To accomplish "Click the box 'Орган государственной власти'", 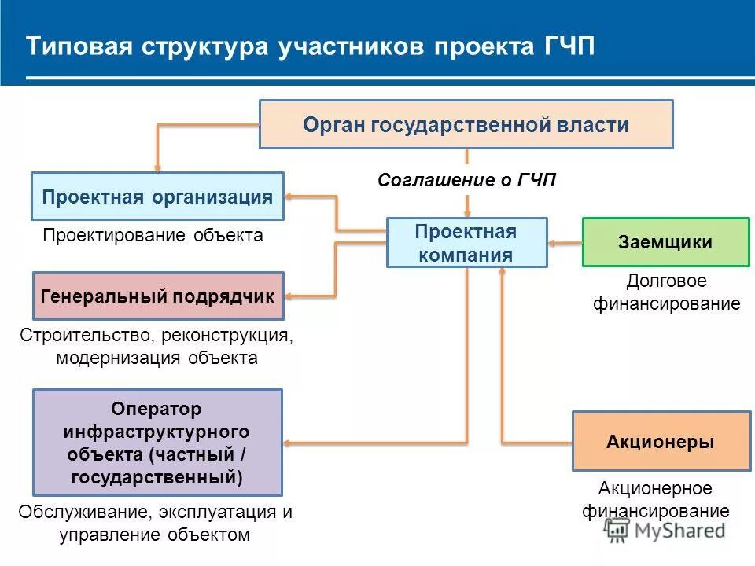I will tap(466, 124).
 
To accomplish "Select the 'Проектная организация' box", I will tap(157, 196).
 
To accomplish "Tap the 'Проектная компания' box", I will tap(466, 243).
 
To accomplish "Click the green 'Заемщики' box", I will tap(665, 242).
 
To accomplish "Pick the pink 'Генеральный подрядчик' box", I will tap(157, 296).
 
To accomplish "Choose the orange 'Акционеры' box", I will tap(661, 441).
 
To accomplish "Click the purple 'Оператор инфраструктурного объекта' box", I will tap(157, 442).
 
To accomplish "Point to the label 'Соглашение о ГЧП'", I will tap(466, 180).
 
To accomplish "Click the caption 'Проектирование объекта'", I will tap(153, 235).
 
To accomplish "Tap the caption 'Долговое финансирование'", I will tap(666, 292).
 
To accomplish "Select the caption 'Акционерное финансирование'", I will tap(656, 500).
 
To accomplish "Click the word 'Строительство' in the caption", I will tap(87, 336).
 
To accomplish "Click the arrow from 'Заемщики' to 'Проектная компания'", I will tap(564, 243).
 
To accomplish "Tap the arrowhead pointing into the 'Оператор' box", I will tap(289, 443).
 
